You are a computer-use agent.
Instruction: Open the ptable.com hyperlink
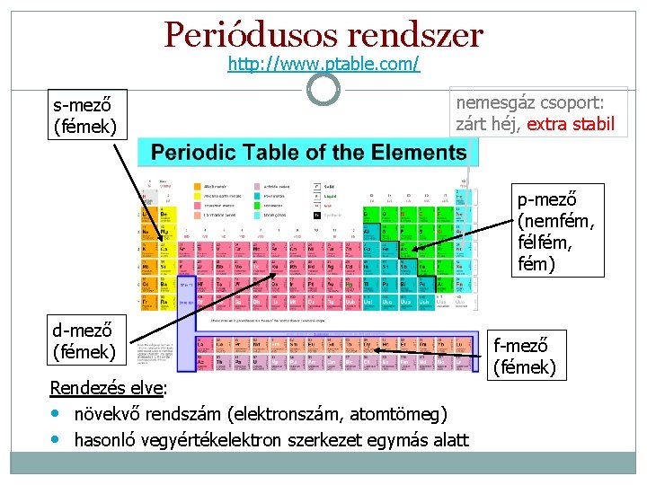(323, 64)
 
